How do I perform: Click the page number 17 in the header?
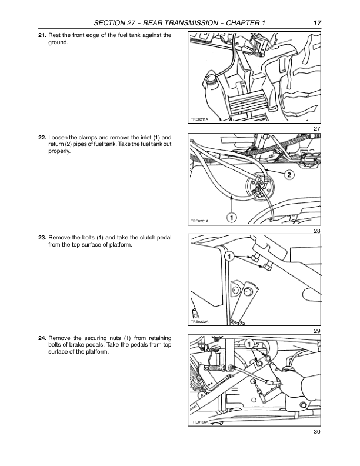(316, 22)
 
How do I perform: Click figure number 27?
(316, 128)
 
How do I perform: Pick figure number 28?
(316, 230)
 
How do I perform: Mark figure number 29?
(316, 331)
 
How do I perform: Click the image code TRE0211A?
(200, 119)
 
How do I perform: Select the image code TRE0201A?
(200, 221)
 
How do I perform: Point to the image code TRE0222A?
(200, 322)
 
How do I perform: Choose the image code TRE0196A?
(200, 423)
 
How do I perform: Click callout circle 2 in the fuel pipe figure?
(289, 175)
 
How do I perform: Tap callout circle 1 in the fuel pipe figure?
(232, 218)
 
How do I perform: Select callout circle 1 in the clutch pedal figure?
(229, 257)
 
